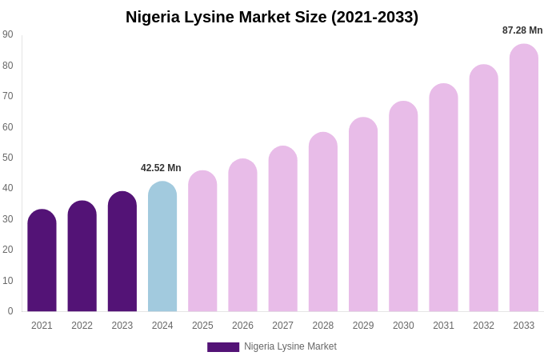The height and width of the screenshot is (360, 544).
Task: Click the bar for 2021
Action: click(42, 261)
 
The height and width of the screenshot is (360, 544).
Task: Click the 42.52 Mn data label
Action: click(161, 168)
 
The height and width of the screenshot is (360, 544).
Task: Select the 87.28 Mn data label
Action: click(522, 30)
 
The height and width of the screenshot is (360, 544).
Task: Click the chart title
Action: click(272, 17)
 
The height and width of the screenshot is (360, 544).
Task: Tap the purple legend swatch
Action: click(223, 347)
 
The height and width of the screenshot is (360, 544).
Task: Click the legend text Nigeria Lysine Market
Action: click(290, 346)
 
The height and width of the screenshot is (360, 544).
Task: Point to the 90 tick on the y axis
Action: click(8, 34)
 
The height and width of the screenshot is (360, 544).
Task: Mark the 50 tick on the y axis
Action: click(8, 158)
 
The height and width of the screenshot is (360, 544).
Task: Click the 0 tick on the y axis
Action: click(10, 311)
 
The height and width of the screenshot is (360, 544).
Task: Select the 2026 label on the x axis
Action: click(242, 326)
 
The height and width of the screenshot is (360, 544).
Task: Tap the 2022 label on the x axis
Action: click(82, 326)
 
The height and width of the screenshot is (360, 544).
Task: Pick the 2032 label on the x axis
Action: click(483, 326)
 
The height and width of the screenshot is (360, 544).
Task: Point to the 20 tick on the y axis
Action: click(8, 250)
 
